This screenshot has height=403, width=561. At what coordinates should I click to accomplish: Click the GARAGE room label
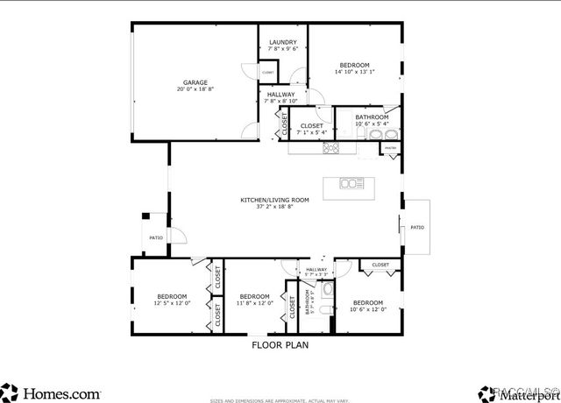[x=195, y=86]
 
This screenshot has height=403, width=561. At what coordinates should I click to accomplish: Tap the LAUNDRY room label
[x=282, y=46]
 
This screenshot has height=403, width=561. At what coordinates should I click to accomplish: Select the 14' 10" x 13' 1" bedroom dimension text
[x=354, y=73]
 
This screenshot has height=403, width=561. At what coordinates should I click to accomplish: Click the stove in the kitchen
[x=332, y=148]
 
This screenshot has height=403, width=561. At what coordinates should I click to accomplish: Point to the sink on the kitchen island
[x=352, y=183]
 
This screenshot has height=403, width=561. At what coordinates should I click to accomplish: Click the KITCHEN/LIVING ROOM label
[x=275, y=203]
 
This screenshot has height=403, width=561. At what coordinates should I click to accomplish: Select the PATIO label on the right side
[x=416, y=228]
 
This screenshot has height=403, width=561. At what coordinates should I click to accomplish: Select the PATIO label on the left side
[x=156, y=237]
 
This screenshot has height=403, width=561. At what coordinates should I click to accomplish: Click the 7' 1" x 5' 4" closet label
[x=311, y=130]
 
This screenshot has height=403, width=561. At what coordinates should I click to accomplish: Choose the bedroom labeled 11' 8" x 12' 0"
[x=254, y=300]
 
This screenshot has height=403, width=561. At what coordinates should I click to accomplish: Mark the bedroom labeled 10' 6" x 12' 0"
[x=367, y=306]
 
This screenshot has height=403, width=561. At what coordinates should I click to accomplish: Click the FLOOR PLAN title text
[x=280, y=345]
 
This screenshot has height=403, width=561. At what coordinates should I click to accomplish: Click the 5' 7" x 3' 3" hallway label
[x=316, y=272]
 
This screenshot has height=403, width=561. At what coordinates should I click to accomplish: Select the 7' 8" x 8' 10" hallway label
[x=280, y=97]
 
